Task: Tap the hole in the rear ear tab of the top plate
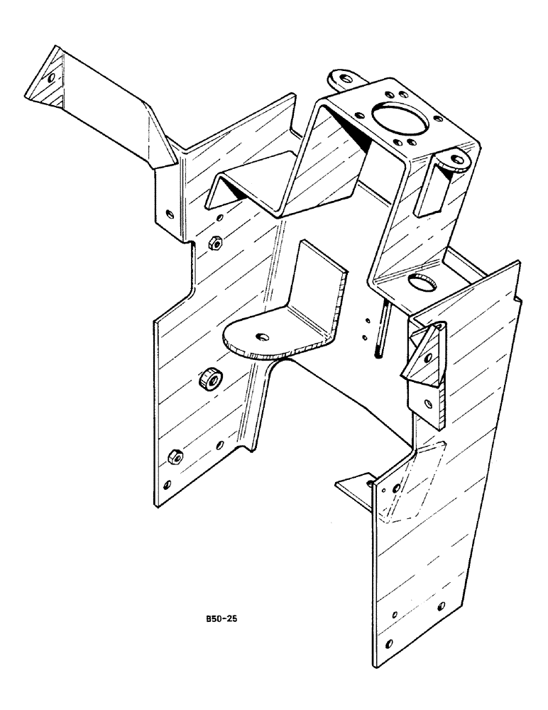pyautogui.click(x=344, y=79)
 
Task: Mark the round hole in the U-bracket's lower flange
pyautogui.click(x=422, y=282)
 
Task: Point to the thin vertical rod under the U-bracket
pyautogui.click(x=383, y=329)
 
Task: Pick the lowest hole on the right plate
pyautogui.click(x=388, y=644)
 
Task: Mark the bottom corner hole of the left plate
pyautogui.click(x=167, y=486)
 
